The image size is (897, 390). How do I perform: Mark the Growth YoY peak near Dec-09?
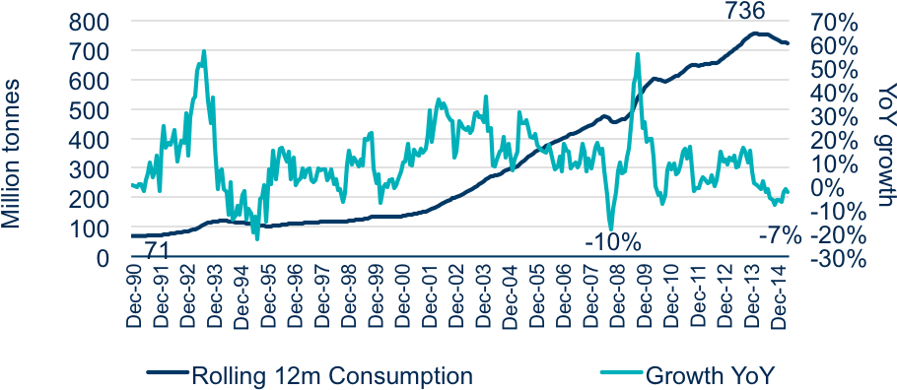click(637, 53)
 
